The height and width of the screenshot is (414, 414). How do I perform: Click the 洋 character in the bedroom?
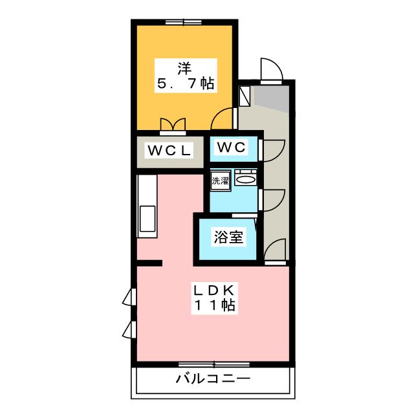click(x=185, y=67)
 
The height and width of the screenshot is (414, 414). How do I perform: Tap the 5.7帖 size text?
click(x=185, y=83)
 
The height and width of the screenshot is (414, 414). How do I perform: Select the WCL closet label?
click(x=170, y=151)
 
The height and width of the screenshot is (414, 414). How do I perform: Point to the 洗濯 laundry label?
click(x=220, y=181)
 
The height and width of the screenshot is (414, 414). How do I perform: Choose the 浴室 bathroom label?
click(x=229, y=237)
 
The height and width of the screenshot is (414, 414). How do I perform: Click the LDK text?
click(x=212, y=288)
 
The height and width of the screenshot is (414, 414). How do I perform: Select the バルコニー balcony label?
click(x=212, y=378)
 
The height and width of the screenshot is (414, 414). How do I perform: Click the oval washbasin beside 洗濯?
click(x=246, y=179)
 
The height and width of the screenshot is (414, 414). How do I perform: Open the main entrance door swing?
click(x=270, y=70)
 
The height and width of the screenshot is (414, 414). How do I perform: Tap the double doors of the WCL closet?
click(x=173, y=124)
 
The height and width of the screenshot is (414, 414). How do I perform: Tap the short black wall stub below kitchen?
click(x=149, y=263)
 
